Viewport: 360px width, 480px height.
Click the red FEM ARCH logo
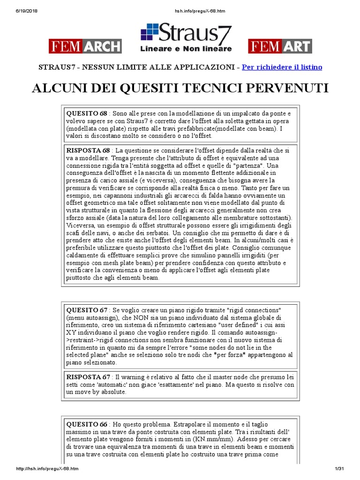(85, 46)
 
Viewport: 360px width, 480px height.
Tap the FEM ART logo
(280, 46)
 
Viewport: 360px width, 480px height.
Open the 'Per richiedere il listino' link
(282, 67)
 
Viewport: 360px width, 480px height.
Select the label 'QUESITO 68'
(87, 113)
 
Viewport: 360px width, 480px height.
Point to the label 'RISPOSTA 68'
(89, 150)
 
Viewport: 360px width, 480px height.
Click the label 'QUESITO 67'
(87, 310)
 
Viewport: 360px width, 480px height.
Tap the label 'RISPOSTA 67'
(89, 377)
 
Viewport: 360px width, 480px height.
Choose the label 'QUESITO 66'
(87, 424)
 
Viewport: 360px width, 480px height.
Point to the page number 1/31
(339, 469)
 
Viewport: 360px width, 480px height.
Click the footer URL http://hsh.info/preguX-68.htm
(47, 469)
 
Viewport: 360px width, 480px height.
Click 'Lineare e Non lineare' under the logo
(186, 49)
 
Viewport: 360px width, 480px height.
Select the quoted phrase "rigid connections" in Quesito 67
(253, 310)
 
